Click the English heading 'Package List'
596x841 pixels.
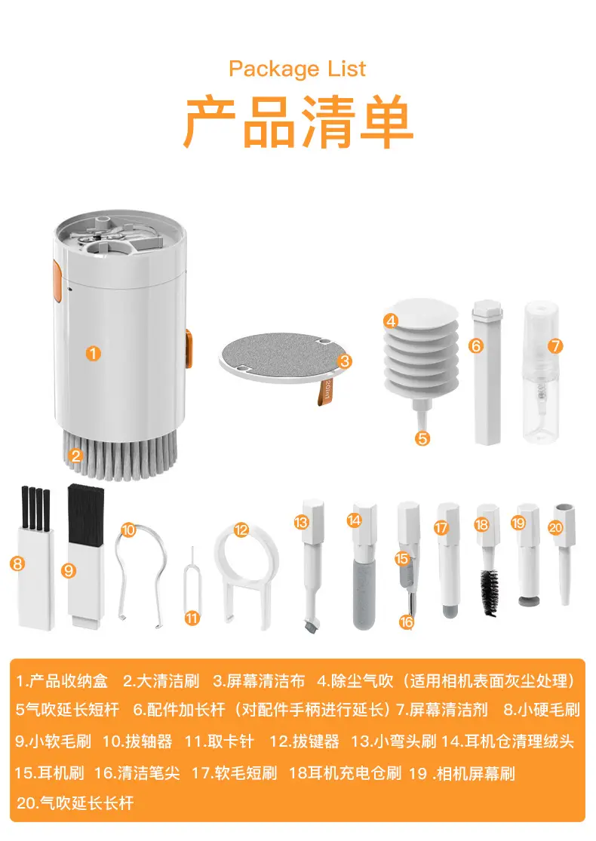click(x=297, y=69)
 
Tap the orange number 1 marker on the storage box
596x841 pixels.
click(x=94, y=354)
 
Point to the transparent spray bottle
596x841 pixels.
click(x=541, y=373)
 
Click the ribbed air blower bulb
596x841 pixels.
click(x=422, y=348)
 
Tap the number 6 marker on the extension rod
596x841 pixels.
click(x=476, y=346)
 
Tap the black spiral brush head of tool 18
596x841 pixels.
click(x=489, y=592)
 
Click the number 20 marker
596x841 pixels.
click(x=556, y=528)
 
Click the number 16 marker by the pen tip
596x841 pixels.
click(x=406, y=622)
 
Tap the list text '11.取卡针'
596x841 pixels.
click(x=219, y=741)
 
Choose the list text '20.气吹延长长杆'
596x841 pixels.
click(x=75, y=803)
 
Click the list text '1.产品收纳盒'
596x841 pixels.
click(x=62, y=681)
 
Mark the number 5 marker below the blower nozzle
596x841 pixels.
click(x=422, y=439)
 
